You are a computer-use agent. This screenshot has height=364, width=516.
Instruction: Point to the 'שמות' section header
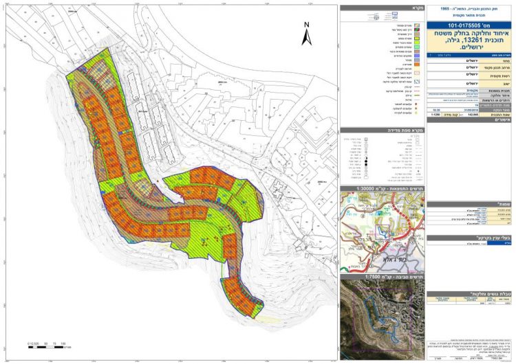click(471, 204)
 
